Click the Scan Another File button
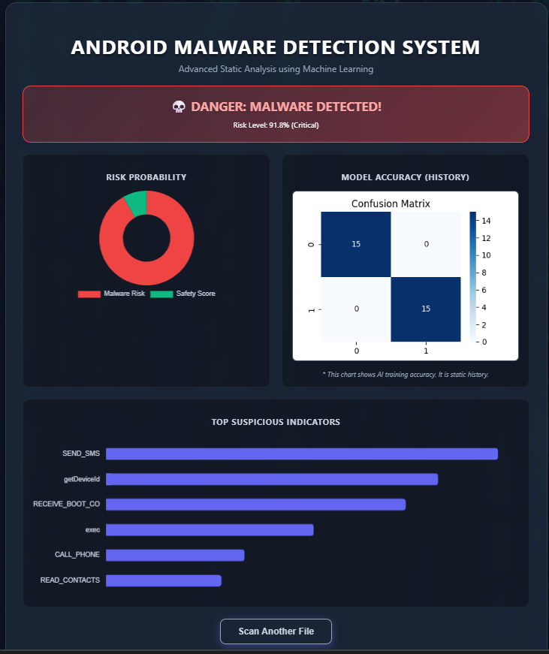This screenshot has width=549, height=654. (276, 631)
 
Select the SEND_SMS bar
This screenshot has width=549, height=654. (302, 454)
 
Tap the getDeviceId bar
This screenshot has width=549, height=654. (272, 479)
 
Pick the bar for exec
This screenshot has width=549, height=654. (210, 529)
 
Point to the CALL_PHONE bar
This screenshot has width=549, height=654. (175, 555)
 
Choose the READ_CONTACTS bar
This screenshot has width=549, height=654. (164, 580)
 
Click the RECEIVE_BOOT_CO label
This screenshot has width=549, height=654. (66, 504)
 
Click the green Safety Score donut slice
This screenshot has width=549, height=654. (137, 203)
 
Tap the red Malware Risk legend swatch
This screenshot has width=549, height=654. (89, 294)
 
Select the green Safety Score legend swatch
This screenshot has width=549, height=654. (161, 294)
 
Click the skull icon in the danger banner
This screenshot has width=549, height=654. (179, 107)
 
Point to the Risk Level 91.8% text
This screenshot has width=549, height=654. (276, 125)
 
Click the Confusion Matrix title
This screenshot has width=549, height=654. (391, 203)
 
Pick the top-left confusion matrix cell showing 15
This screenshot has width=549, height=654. (356, 244)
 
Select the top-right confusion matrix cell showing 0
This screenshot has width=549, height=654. (426, 244)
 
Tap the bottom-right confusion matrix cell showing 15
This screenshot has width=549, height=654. (426, 309)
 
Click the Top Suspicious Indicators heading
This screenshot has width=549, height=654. (276, 422)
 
